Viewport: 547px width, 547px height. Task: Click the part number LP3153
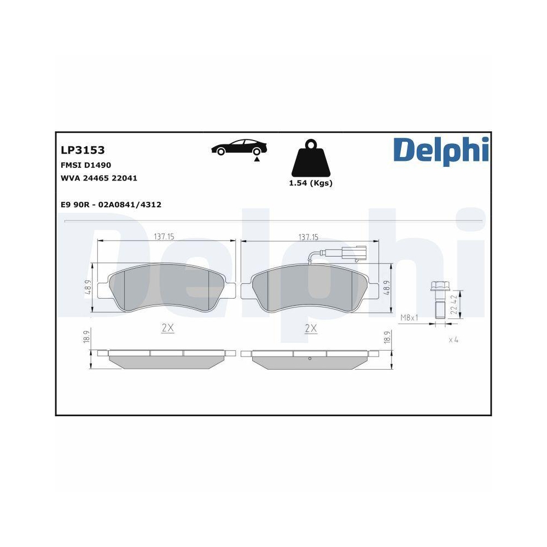point(83,150)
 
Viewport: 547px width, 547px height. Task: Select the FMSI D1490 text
point(86,165)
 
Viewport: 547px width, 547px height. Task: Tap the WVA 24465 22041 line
point(98,178)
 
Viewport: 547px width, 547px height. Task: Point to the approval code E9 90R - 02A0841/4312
point(110,204)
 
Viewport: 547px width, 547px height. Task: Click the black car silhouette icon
point(240,148)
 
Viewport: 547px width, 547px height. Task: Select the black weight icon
point(310,158)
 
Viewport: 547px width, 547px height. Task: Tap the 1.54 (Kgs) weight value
point(310,183)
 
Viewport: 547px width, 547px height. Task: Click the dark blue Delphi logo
point(440,150)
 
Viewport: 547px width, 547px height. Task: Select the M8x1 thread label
point(410,317)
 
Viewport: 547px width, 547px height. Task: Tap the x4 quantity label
point(453,340)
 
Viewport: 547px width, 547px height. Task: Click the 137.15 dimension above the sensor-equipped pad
point(309,237)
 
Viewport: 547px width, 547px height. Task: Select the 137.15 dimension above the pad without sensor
point(164,237)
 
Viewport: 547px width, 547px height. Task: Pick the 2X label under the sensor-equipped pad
point(311,328)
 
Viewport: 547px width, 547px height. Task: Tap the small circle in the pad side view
point(310,359)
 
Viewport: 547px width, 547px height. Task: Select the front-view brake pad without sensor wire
point(167,288)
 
